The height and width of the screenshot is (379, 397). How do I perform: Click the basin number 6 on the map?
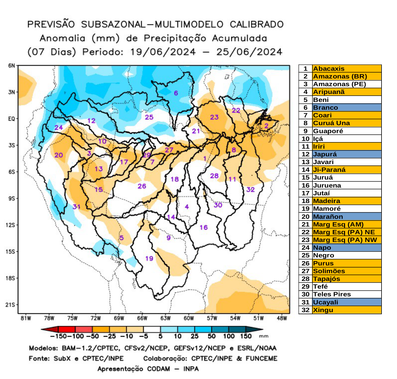(x=176, y=93)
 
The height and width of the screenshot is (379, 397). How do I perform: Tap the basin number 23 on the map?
(x=214, y=117)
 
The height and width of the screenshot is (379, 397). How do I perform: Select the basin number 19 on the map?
(x=149, y=258)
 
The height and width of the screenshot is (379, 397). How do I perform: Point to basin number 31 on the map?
(x=76, y=207)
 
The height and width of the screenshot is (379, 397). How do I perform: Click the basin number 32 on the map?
(x=250, y=190)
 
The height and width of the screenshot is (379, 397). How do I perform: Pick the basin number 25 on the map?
(x=149, y=117)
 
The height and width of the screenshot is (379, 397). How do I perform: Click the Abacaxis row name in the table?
(x=329, y=69)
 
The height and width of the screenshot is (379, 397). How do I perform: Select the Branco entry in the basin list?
(x=325, y=108)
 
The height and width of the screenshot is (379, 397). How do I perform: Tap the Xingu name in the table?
(x=323, y=310)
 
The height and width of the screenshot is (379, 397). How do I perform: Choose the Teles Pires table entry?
(x=332, y=294)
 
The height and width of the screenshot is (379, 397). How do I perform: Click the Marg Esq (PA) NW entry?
(x=345, y=240)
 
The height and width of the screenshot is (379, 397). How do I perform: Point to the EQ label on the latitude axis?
(x=11, y=119)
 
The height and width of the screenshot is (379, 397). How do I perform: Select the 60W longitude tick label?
(x=189, y=318)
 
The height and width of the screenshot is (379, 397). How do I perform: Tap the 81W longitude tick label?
(x=26, y=318)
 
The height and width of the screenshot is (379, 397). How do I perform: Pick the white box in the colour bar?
(x=152, y=329)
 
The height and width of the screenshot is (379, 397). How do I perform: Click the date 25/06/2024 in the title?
(x=249, y=52)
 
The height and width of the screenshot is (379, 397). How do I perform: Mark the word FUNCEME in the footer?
(x=261, y=358)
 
